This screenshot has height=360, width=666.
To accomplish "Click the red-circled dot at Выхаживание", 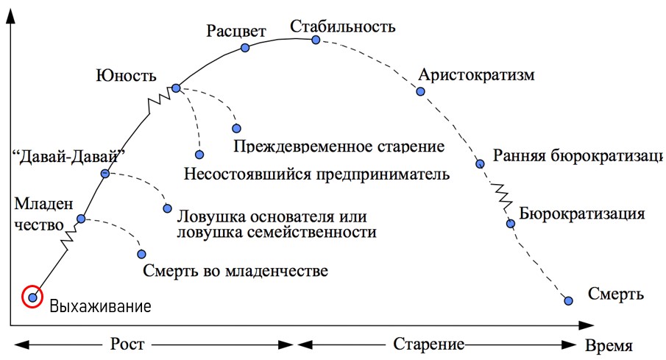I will (32, 297).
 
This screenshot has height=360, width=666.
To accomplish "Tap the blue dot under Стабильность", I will (316, 40).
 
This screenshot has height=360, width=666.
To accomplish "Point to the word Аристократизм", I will (475, 76).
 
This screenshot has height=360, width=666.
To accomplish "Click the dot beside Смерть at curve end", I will (568, 300).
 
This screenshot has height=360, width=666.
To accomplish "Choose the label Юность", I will (126, 75).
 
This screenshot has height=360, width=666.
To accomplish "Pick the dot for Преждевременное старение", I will (236, 128).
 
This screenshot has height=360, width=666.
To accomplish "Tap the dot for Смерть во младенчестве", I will (141, 254).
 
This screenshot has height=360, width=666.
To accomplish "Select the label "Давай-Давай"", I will (70, 155).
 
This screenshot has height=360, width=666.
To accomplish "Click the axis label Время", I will (608, 346).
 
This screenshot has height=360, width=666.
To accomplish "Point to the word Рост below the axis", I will (127, 345).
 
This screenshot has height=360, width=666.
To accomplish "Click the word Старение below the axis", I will (428, 345).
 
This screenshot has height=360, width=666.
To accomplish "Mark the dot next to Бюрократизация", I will (509, 223).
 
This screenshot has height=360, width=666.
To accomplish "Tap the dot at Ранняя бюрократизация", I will (480, 163).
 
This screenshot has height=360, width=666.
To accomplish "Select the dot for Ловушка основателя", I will (167, 208).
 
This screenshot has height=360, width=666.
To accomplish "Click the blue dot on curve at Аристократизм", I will (420, 92).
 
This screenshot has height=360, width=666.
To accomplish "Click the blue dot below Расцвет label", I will (246, 48).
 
